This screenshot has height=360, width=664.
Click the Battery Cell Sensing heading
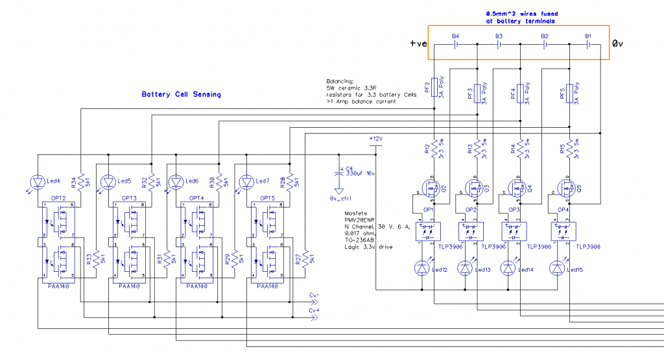point(181,95)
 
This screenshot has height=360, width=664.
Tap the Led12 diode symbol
point(423,267)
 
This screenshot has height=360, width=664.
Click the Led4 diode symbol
point(38,182)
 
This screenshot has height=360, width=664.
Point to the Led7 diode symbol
point(246,182)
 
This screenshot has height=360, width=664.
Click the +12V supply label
point(375,139)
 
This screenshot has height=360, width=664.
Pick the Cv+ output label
point(314,311)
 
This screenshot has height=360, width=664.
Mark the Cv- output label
point(314,296)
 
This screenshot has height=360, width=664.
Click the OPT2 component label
point(58,197)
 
